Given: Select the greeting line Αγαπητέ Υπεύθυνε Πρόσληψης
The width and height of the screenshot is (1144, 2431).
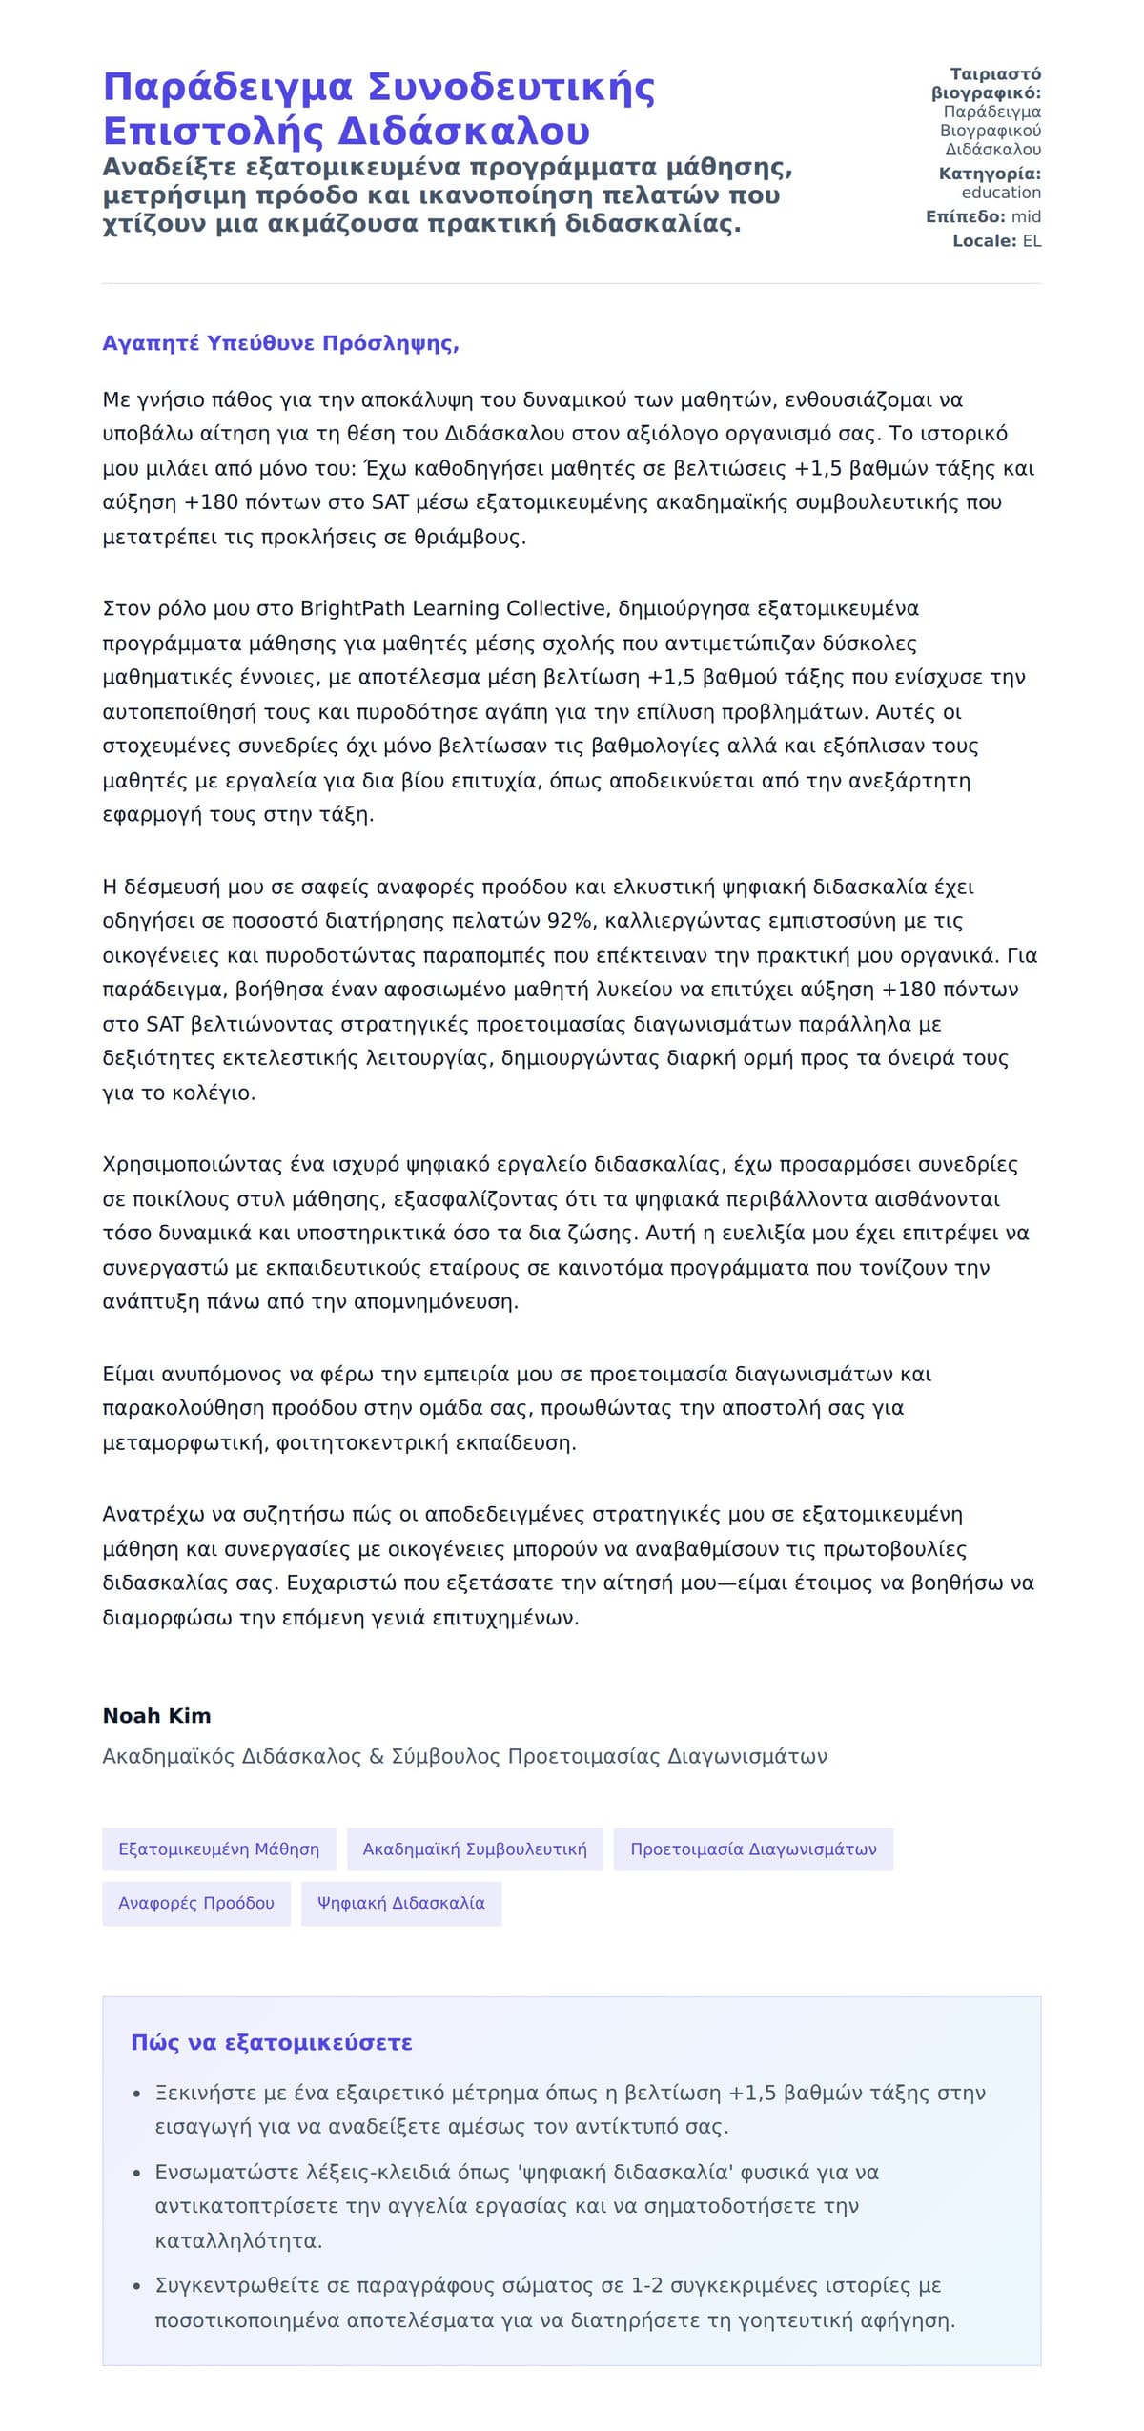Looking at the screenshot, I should pos(280,343).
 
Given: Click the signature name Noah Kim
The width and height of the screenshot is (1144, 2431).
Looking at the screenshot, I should pos(156,1716).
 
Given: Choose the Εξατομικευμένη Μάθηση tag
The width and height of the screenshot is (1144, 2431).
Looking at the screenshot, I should pos(218,1849).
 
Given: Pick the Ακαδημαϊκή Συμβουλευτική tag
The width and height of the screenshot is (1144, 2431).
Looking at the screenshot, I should pos(475,1849).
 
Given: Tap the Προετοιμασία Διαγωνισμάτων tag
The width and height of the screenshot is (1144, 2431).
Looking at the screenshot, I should pos(753,1849).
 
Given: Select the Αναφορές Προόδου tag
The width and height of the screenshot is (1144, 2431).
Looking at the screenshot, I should pos(195,1903).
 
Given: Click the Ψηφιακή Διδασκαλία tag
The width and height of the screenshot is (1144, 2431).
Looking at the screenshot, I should pos(400,1903).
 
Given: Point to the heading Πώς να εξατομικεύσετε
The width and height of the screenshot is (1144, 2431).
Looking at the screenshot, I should pos(272,2043).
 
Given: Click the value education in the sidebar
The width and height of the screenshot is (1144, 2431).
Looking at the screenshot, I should pos(1001,193).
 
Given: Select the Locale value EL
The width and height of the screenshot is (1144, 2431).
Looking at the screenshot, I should pos(1032,241).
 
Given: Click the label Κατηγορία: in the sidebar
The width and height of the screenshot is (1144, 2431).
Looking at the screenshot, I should pos(990,174).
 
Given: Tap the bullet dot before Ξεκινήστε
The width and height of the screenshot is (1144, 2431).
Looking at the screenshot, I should pos(137,2094).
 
